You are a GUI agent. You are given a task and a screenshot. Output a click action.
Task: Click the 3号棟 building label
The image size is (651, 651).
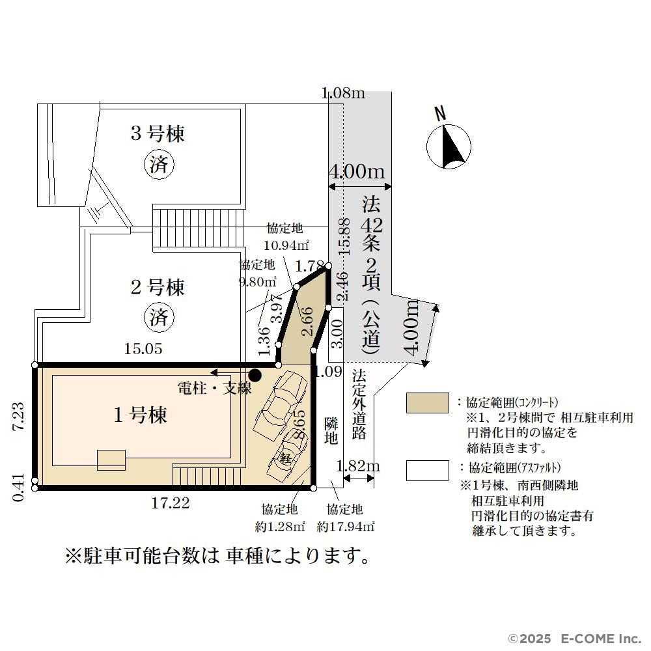[158, 133]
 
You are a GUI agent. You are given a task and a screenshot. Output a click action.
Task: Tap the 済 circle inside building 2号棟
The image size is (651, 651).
[159, 318]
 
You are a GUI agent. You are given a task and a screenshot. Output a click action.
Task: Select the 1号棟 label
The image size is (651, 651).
[141, 415]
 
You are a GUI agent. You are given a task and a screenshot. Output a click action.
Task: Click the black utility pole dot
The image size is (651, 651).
[255, 376]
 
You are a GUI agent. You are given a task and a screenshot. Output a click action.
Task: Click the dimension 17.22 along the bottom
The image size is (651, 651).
[171, 503]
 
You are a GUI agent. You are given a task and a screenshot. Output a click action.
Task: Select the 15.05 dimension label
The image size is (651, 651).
[143, 349]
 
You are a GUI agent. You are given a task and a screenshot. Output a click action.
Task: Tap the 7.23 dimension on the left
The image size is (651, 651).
[18, 417]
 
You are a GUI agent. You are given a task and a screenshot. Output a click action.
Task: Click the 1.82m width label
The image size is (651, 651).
[358, 466]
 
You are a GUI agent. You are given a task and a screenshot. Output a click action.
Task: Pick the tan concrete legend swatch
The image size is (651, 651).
[427, 403]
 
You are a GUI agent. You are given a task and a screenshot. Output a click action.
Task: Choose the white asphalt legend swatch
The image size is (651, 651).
[427, 471]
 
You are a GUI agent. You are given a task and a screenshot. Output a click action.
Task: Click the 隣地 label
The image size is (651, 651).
[331, 431]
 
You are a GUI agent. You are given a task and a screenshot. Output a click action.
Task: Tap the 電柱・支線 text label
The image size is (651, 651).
[214, 388]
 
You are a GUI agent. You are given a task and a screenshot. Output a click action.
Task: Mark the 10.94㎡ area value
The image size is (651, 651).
[286, 245]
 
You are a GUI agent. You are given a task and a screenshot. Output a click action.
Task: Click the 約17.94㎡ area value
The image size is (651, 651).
[346, 527]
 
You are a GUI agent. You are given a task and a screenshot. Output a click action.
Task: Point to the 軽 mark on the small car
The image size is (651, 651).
[286, 458]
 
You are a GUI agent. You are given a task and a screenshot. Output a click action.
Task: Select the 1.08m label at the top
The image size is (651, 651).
[344, 92]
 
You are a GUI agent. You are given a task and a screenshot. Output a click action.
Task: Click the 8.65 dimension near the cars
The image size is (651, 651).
[299, 424]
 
